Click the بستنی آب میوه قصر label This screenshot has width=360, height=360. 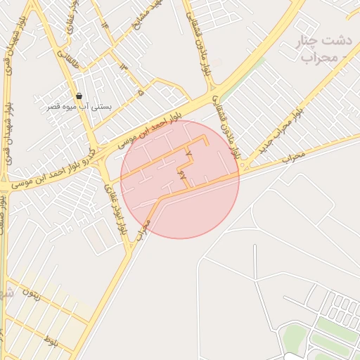coord(79,106)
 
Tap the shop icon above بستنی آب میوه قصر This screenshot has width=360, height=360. coord(79,96)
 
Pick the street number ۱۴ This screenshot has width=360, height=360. coord(106,23)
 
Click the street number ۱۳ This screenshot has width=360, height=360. coord(124,66)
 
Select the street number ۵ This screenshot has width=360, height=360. coord(141,92)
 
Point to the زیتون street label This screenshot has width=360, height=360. coord(32,292)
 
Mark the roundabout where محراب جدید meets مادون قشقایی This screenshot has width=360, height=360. coord(242,166)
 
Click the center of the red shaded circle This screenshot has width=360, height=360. coord(180,179)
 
